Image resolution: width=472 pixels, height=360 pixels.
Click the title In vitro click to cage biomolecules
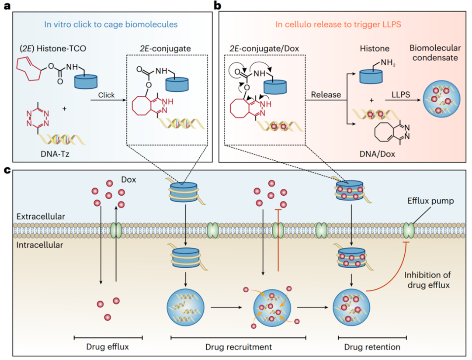tap(111, 24)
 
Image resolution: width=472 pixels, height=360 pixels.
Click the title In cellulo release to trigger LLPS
tap(338, 24)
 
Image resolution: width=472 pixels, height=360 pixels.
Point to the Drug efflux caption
tap(108, 347)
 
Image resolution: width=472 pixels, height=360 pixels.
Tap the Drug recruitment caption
tap(238, 347)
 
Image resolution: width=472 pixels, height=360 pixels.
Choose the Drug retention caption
tap(372, 347)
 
